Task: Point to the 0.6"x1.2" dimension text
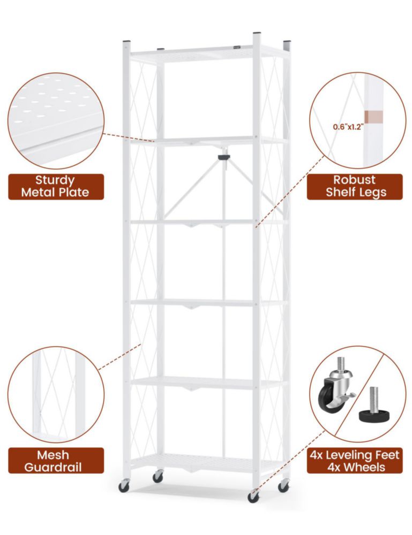[x=348, y=127]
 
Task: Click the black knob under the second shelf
[x=224, y=157]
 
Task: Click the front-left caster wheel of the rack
[x=124, y=486]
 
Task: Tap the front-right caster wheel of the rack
[x=253, y=496]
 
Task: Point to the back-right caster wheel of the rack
[x=283, y=486]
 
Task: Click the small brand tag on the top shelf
[x=237, y=48]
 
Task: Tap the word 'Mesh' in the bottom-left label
[x=53, y=455]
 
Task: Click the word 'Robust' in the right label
[x=354, y=179]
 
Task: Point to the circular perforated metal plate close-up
[x=56, y=121]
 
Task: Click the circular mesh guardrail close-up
[x=56, y=394]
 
